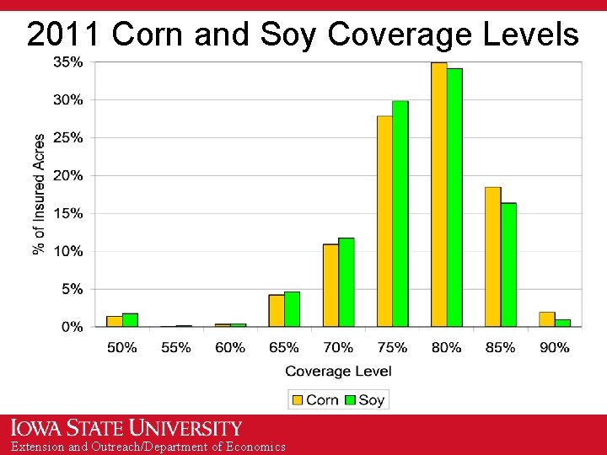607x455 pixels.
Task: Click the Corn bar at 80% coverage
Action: [438, 195]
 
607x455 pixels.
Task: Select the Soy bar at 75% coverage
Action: [400, 214]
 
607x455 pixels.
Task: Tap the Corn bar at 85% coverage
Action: [492, 257]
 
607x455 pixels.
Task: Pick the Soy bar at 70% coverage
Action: [346, 282]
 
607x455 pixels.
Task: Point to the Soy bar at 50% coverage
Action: [130, 320]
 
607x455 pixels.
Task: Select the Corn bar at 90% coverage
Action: [546, 319]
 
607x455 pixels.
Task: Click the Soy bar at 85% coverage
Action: [508, 265]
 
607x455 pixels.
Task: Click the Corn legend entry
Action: [314, 399]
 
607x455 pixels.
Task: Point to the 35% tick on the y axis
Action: [68, 62]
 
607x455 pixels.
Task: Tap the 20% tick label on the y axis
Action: [68, 176]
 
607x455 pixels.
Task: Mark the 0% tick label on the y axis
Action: [72, 327]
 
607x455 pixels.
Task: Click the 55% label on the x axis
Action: [175, 347]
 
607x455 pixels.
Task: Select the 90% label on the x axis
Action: [554, 347]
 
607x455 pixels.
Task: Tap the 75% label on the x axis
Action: [392, 347]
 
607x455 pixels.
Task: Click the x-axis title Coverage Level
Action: [338, 372]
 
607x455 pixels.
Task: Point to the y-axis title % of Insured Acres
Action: [39, 194]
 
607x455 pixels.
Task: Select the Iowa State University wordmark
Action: [126, 428]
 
